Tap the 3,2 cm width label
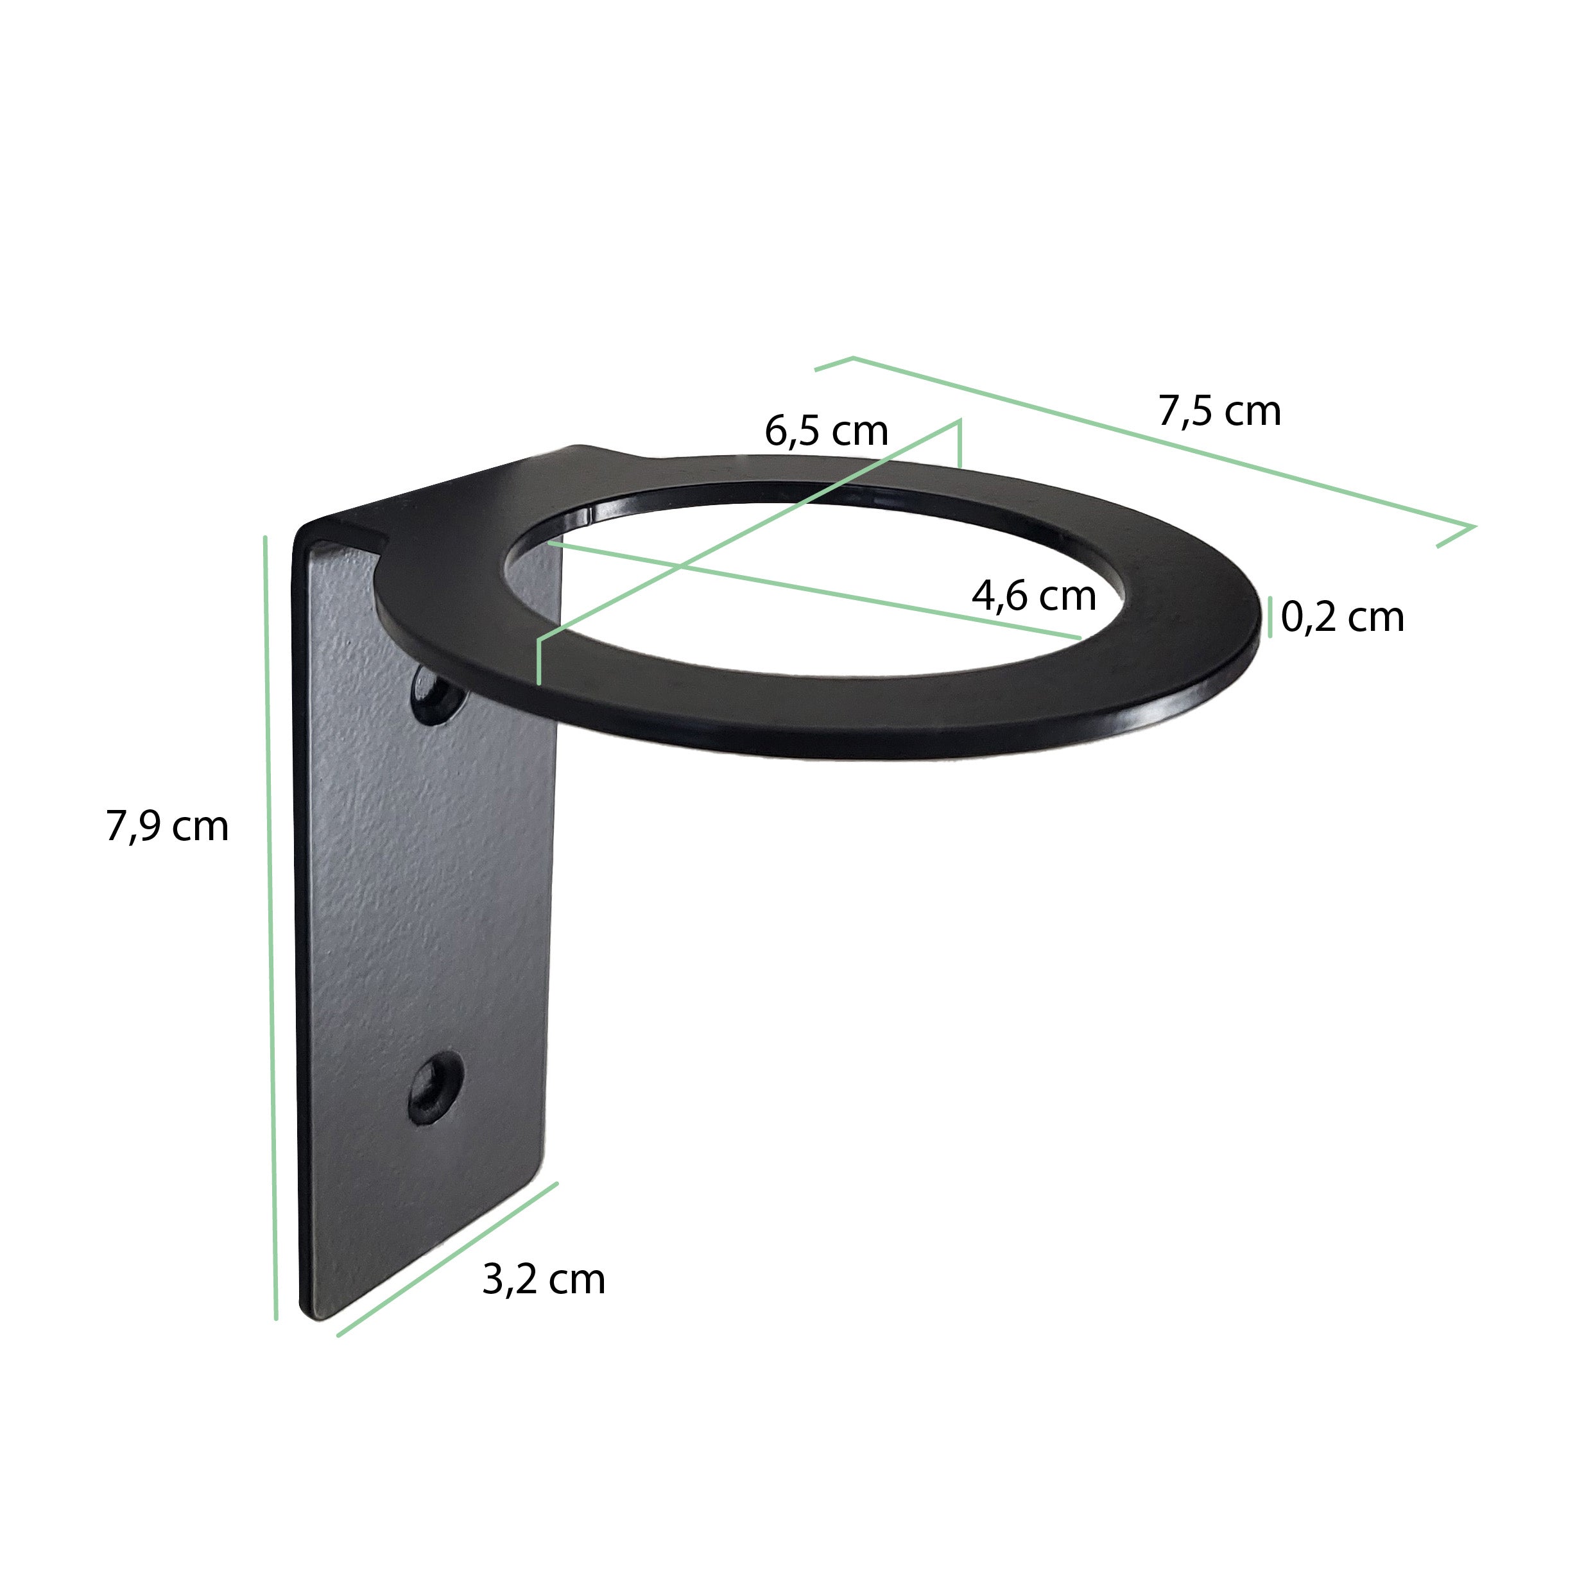pyautogui.click(x=544, y=1279)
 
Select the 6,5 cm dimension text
pyautogui.click(x=827, y=431)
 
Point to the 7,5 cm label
pyautogui.click(x=1220, y=411)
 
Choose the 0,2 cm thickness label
pyautogui.click(x=1343, y=617)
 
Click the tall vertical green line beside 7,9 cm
pyautogui.click(x=271, y=928)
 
